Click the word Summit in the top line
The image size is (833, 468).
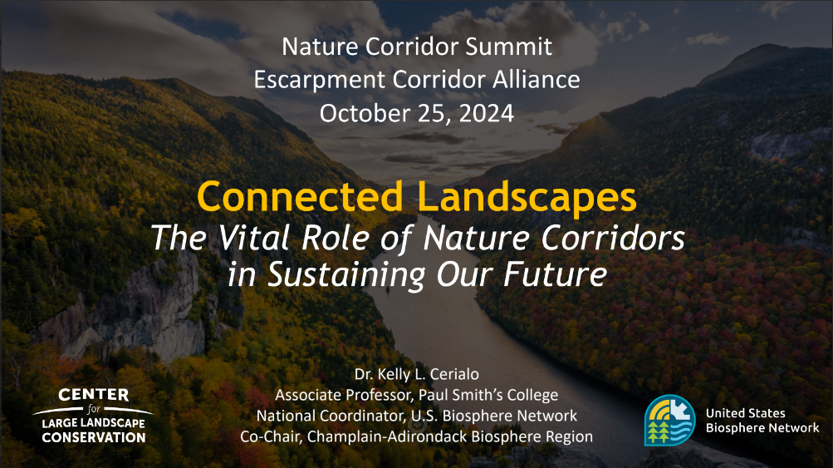509,47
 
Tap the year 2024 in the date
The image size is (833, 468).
486,113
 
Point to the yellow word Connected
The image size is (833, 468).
300,196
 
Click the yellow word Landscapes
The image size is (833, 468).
527,197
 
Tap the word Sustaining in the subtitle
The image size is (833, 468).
346,275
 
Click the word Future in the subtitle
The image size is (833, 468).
555,273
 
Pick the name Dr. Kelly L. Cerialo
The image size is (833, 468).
417,374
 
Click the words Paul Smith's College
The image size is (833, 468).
488,395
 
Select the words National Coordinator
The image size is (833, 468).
331,416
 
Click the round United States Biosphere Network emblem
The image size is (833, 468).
669,420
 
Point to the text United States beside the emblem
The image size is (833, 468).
745,413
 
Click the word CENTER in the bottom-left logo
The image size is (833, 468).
94,395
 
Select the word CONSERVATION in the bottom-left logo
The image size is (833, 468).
94,438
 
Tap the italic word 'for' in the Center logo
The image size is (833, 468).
94,409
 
